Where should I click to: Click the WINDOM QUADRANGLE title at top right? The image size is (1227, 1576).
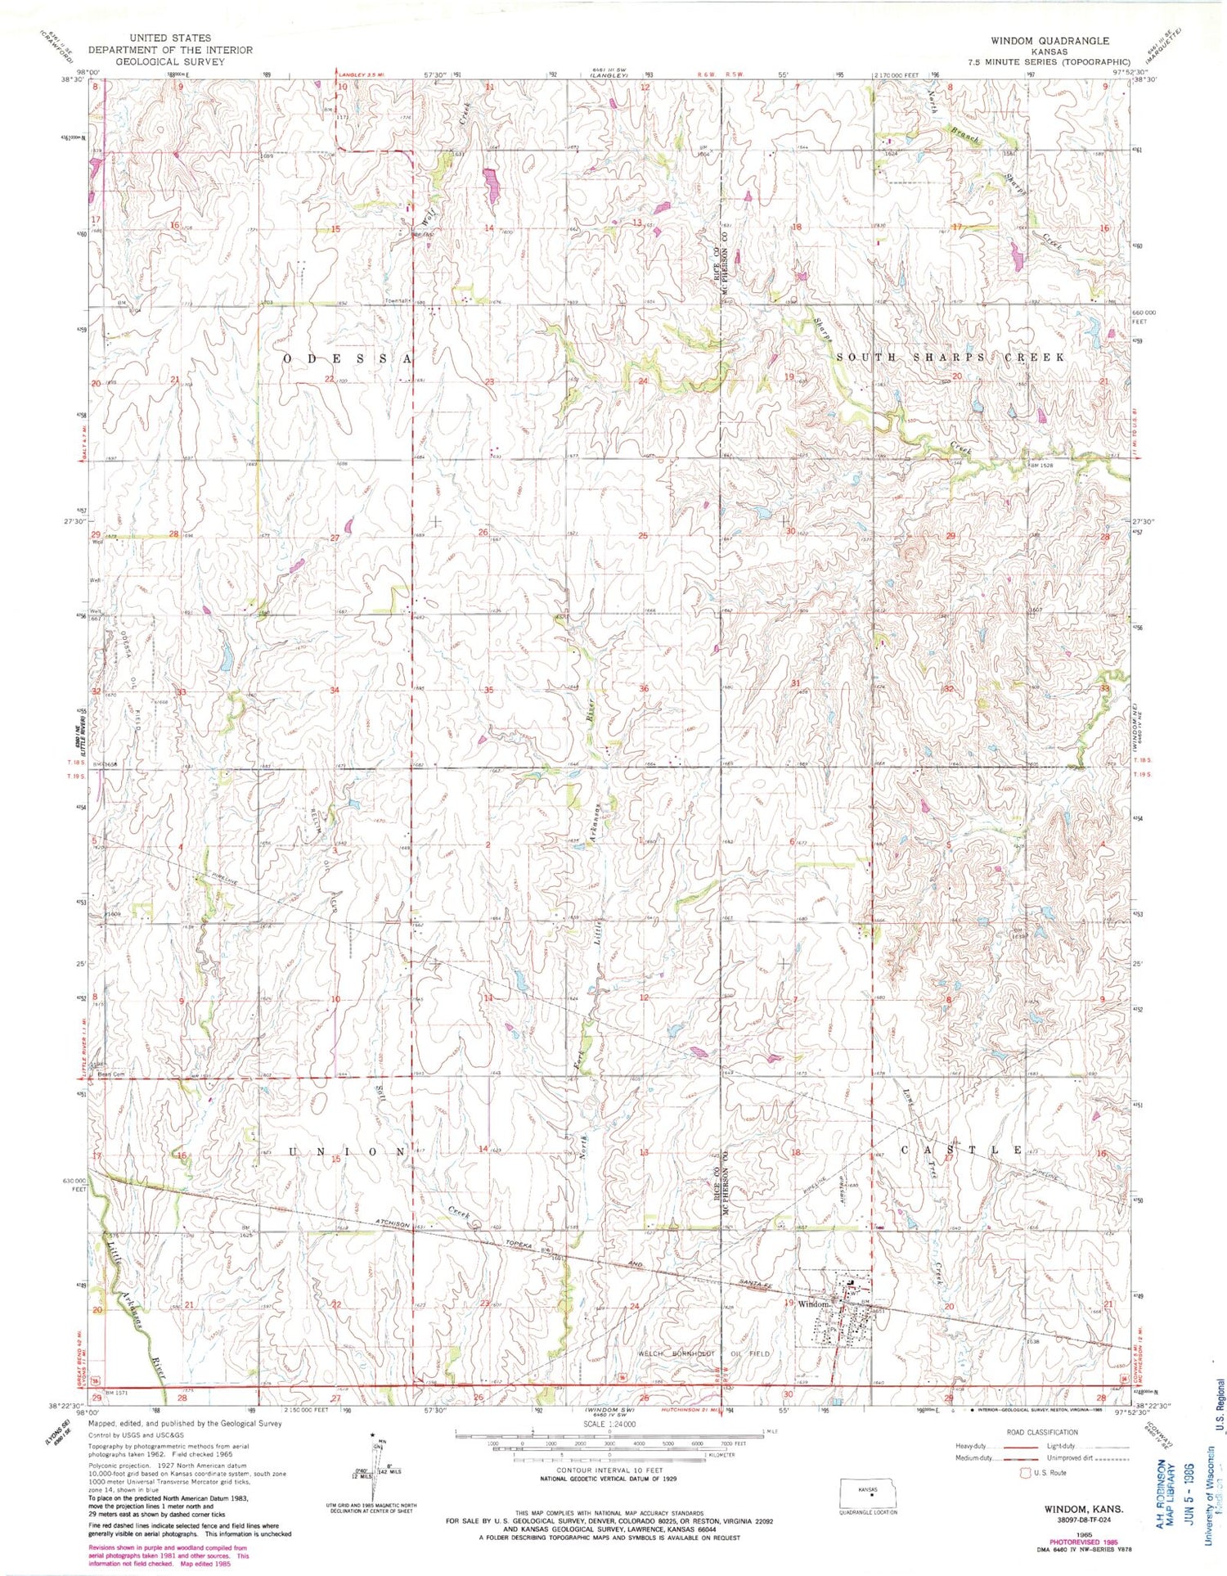1049,40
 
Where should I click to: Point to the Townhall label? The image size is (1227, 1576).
398,300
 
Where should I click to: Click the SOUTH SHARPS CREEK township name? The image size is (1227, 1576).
950,358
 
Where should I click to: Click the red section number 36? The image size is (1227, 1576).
645,689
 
